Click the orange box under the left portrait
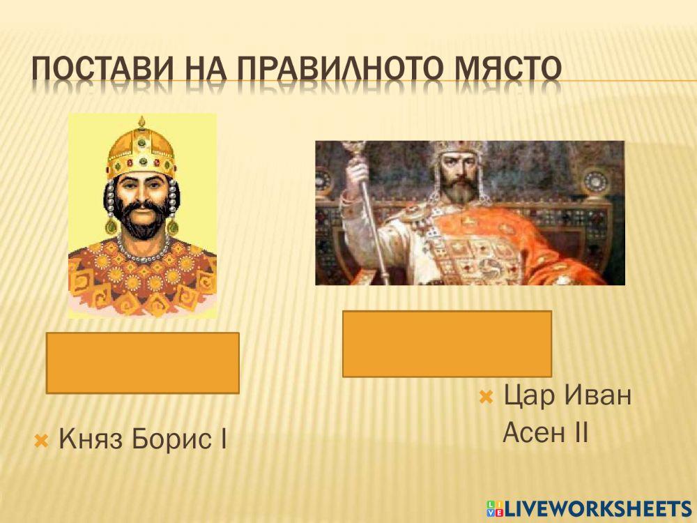click(x=143, y=363)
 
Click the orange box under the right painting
click(x=447, y=344)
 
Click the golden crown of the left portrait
click(x=141, y=150)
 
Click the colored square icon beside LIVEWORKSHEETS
click(x=494, y=508)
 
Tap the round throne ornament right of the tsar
click(x=597, y=181)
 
